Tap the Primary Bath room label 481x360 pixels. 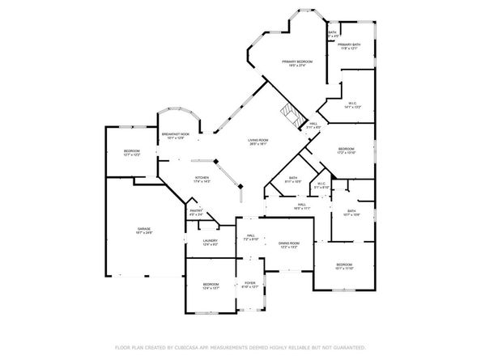click(x=349, y=45)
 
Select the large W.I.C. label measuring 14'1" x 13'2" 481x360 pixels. click(x=352, y=104)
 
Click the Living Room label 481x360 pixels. click(x=258, y=141)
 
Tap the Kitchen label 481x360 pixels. click(x=202, y=179)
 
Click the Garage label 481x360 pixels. click(x=144, y=231)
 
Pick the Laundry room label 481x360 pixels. click(x=210, y=242)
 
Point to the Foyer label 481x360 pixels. click(x=250, y=283)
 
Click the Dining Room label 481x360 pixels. click(x=289, y=244)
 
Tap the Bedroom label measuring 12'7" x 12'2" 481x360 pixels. click(x=131, y=152)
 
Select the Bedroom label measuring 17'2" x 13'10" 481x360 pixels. click(x=346, y=150)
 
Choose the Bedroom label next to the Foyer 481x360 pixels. click(x=211, y=285)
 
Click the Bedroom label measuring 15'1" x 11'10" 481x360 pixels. click(x=344, y=265)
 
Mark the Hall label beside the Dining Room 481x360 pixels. click(x=251, y=236)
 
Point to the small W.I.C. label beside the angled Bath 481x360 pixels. click(x=321, y=184)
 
